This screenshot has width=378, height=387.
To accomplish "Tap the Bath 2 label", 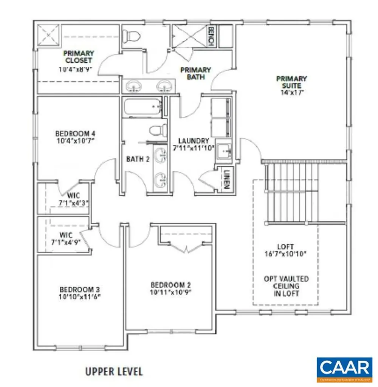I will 138,159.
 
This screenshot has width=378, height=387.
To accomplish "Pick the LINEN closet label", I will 226,180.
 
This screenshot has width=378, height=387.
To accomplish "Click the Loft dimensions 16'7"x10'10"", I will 285,254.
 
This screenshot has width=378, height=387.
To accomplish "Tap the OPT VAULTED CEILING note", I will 285,286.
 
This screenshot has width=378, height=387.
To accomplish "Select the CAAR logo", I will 344,368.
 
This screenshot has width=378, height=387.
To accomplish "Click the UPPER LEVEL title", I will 114,371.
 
